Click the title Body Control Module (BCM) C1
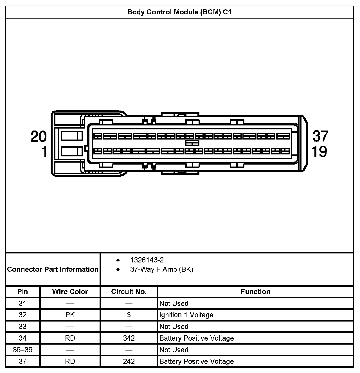click(x=179, y=12)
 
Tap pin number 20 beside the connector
click(x=39, y=137)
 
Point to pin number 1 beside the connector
click(x=44, y=152)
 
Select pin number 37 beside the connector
click(x=320, y=136)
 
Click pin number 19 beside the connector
click(x=319, y=152)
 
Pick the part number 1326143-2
click(x=147, y=260)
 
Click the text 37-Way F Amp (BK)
click(x=161, y=269)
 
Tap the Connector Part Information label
click(x=53, y=269)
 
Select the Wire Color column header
click(x=70, y=292)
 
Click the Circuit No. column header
click(x=129, y=292)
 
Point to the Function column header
click(x=255, y=292)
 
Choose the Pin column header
click(x=22, y=292)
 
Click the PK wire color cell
click(x=70, y=315)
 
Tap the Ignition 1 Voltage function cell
click(x=186, y=315)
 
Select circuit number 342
click(x=129, y=338)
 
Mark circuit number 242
click(x=129, y=361)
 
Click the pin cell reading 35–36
click(x=22, y=350)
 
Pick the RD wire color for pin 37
click(x=70, y=361)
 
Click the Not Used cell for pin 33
click(x=174, y=327)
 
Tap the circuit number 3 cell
click(x=129, y=315)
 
